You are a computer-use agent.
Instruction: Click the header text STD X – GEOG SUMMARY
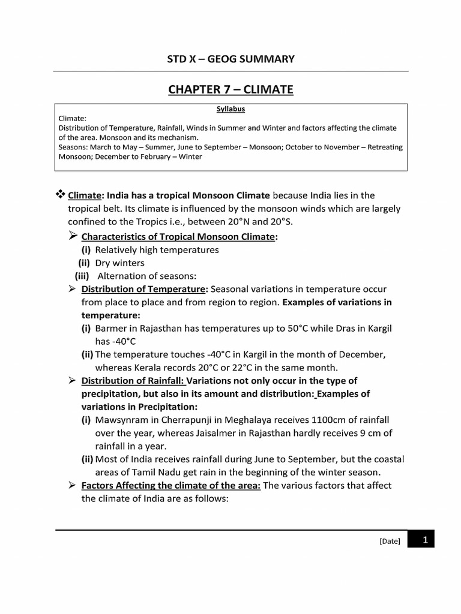(230, 59)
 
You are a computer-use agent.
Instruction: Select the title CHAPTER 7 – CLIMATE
(230, 90)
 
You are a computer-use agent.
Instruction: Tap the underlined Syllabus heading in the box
(230, 109)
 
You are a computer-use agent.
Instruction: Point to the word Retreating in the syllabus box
(382, 147)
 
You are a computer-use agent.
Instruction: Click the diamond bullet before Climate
(60, 194)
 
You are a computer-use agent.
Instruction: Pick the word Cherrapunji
(189, 420)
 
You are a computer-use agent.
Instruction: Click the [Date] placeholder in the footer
(390, 541)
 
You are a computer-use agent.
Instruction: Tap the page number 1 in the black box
(424, 540)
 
